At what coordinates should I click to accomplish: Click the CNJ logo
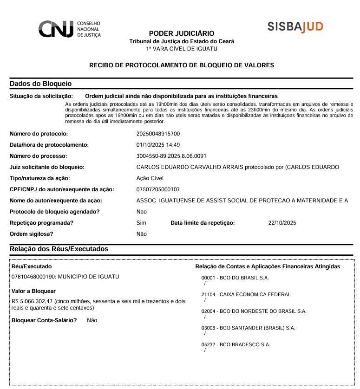(69, 29)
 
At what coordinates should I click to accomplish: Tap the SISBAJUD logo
(295, 26)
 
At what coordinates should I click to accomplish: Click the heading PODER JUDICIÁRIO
(182, 33)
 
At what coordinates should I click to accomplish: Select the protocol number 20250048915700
(158, 134)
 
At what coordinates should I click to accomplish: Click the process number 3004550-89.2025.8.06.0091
(171, 156)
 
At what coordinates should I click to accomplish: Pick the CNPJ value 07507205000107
(158, 189)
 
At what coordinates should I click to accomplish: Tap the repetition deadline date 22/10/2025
(282, 223)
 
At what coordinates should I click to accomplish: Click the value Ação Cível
(150, 178)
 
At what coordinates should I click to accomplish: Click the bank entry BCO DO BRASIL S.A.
(235, 278)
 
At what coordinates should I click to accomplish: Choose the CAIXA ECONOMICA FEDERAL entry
(246, 295)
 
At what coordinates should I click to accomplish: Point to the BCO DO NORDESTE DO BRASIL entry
(254, 311)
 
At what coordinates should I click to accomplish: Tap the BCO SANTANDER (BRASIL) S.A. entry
(248, 328)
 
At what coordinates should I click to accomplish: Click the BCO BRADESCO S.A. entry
(236, 345)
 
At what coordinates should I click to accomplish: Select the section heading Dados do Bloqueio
(40, 84)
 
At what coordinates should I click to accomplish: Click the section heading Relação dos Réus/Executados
(59, 249)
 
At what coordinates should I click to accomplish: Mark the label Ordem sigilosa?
(32, 234)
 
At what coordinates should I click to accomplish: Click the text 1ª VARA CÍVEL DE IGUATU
(182, 49)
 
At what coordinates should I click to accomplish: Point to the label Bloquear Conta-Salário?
(44, 320)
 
